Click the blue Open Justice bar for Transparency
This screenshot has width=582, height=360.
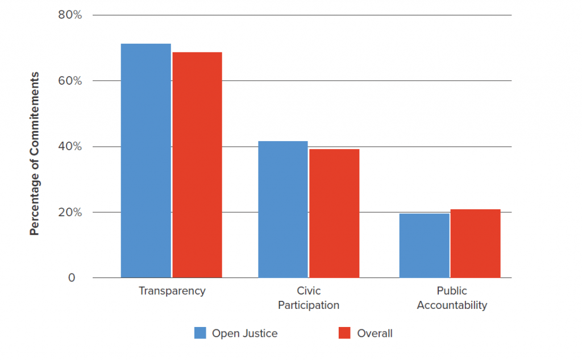click(x=145, y=160)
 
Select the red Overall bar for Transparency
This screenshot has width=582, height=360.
click(x=197, y=165)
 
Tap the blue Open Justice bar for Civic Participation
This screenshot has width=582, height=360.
click(x=283, y=209)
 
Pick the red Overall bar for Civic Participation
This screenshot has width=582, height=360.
click(x=334, y=213)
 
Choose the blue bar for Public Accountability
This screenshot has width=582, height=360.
click(x=424, y=246)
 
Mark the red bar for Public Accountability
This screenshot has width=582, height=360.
click(x=475, y=243)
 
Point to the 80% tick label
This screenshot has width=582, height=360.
click(x=70, y=15)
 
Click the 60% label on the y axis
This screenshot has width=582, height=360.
click(x=70, y=81)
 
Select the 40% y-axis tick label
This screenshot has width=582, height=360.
click(x=70, y=147)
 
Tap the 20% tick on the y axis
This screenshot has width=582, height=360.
click(x=70, y=213)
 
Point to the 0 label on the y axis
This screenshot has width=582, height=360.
click(x=72, y=278)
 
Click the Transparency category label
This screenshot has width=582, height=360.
click(x=172, y=291)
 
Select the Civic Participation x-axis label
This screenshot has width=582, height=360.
click(x=309, y=298)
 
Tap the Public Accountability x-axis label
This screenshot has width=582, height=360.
click(x=452, y=298)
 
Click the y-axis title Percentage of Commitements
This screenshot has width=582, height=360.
click(x=35, y=154)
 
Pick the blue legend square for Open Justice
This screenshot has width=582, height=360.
click(x=200, y=333)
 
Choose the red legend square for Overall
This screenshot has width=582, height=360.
click(x=344, y=333)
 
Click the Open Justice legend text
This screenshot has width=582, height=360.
click(x=244, y=334)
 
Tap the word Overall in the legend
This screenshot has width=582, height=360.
click(x=375, y=334)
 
